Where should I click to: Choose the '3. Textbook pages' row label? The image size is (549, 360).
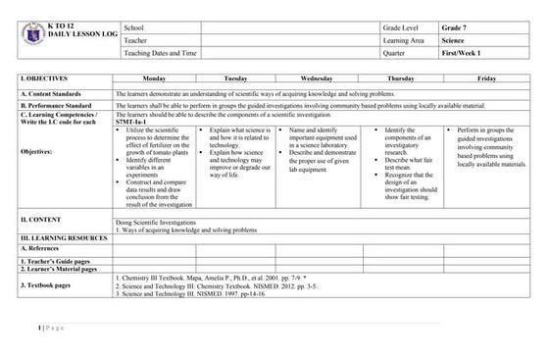click(50, 283)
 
